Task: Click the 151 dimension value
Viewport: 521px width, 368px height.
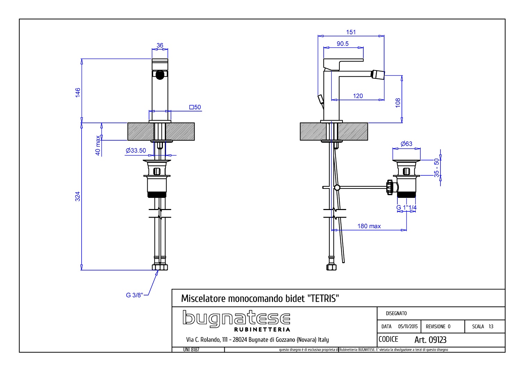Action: tap(351, 32)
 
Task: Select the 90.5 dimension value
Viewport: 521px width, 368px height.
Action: tap(342, 44)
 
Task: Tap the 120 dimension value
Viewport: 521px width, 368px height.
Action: tap(358, 96)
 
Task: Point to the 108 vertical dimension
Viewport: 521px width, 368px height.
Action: tap(398, 103)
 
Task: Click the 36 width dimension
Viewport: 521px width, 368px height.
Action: tap(160, 45)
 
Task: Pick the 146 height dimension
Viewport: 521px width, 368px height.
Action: tap(78, 93)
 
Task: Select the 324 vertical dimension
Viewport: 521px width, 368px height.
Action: tap(77, 196)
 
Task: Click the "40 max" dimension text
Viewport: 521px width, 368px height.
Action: tap(98, 145)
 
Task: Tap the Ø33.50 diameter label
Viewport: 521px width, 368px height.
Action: tap(136, 150)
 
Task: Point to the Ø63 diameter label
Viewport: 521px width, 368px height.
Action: tap(406, 144)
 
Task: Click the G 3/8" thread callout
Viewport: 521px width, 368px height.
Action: tap(134, 295)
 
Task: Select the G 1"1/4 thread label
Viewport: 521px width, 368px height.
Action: tap(406, 207)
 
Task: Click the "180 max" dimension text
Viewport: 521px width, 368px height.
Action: tap(369, 226)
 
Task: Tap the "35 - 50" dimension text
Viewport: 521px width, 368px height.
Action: tap(437, 168)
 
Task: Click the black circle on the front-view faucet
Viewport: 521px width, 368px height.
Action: tap(160, 75)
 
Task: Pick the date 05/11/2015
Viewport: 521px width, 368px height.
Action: tap(408, 326)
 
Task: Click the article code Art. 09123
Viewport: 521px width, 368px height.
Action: tap(430, 340)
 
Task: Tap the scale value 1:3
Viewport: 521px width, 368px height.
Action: tap(491, 326)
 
